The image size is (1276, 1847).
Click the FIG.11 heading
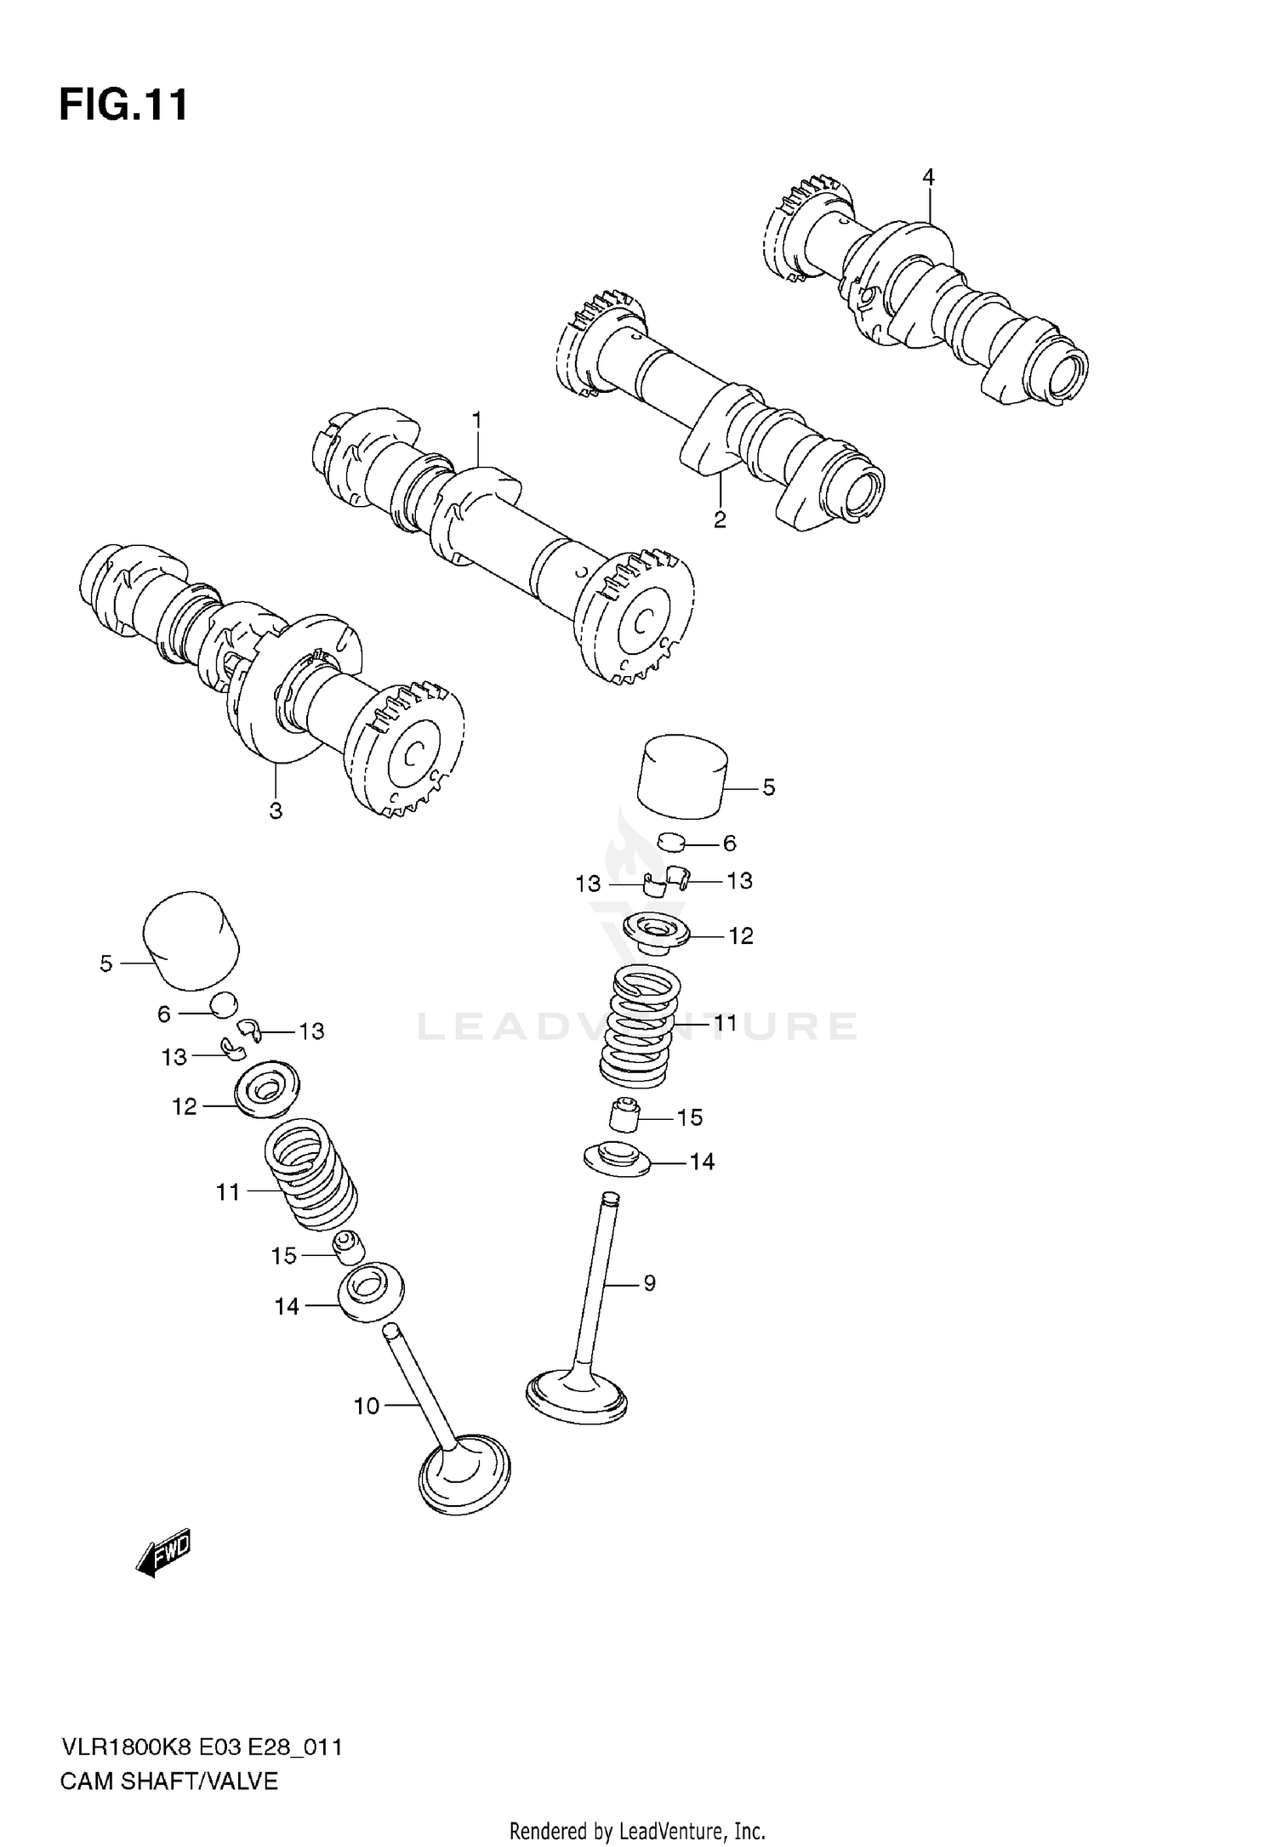tap(123, 106)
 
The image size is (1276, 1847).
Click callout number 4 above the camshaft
tap(928, 177)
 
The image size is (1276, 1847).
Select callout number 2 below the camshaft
tap(720, 520)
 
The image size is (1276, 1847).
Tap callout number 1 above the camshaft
tap(477, 419)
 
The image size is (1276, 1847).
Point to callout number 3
tap(276, 811)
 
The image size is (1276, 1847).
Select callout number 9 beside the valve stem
tap(649, 1283)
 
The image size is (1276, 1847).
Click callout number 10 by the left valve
tap(366, 1407)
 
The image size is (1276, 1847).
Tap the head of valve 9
tap(577, 1395)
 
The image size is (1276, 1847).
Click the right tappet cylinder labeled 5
tap(684, 776)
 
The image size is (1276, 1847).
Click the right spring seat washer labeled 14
tap(617, 1160)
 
